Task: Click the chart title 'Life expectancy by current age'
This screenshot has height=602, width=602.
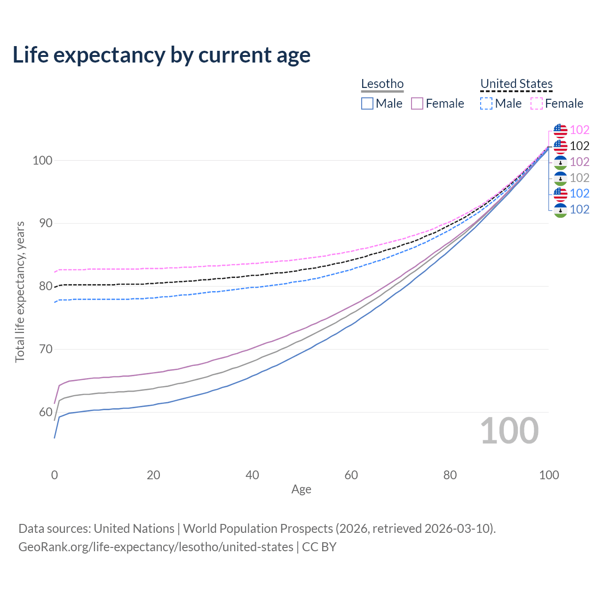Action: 161,55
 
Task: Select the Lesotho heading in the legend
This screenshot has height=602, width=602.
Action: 382,84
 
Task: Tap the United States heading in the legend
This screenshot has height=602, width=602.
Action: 516,84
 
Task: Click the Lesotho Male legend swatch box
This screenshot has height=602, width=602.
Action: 367,103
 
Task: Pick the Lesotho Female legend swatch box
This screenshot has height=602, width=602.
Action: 417,103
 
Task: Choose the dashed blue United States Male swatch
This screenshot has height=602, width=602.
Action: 486,103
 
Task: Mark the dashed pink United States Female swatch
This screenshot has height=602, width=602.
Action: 537,103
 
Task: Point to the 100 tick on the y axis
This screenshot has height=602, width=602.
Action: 42,160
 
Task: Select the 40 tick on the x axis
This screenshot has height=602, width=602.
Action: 253,475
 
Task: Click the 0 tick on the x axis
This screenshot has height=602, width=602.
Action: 55,475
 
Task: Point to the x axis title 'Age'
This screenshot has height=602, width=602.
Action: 301,490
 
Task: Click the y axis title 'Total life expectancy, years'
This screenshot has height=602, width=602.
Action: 20,292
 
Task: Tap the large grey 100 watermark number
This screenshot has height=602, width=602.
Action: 509,431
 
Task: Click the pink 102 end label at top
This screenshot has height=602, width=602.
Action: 579,130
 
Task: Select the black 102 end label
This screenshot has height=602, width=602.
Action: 579,146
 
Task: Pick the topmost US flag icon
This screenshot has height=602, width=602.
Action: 560,130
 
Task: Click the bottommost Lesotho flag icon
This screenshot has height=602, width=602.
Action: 560,210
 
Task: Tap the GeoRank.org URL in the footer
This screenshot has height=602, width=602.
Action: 156,547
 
